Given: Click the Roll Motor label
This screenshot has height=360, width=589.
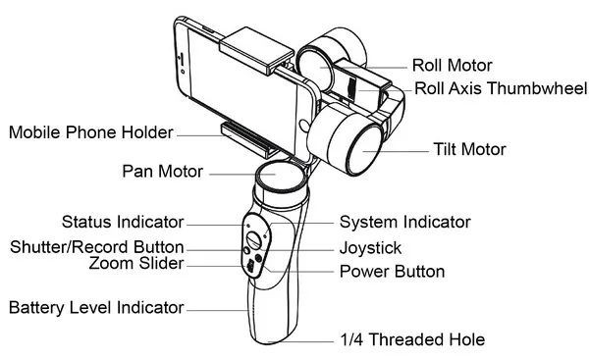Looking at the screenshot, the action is (x=452, y=66).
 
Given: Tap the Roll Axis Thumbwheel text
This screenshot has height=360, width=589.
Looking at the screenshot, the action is (x=501, y=88).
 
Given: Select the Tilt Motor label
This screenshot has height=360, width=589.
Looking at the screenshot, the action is (x=469, y=149).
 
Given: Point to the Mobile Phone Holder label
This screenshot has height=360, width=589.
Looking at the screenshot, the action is (x=91, y=132).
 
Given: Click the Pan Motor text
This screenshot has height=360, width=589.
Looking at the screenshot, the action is (x=163, y=172).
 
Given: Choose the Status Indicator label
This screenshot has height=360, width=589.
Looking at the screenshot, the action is (x=123, y=222).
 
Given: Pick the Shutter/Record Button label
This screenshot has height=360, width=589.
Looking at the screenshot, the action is (x=97, y=247).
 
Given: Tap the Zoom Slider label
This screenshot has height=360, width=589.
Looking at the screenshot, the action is (x=136, y=263).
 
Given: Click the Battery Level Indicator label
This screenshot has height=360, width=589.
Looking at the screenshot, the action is (x=96, y=307).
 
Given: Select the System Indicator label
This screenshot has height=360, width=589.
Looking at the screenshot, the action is (x=404, y=222).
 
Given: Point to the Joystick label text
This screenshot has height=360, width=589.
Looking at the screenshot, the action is (x=370, y=248).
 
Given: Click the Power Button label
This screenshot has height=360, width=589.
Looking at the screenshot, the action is (x=392, y=272).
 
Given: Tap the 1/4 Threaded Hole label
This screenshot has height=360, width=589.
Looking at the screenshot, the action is (x=412, y=339).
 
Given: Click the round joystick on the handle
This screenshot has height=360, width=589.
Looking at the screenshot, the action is (x=254, y=239).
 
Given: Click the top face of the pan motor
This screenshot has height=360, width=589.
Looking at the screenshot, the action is (x=277, y=175).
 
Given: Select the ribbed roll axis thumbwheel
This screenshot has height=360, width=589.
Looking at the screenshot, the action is (x=351, y=89).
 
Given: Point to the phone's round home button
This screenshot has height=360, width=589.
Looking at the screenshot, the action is (x=304, y=126).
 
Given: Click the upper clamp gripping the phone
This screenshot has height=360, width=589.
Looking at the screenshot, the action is (x=256, y=50).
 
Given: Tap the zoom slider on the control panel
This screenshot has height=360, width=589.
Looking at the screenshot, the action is (x=250, y=266).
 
